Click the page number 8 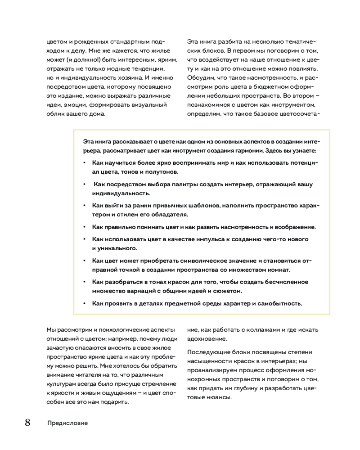pyautogui.click(x=27, y=423)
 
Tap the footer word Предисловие pyautogui.click(x=67, y=423)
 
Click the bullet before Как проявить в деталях pyautogui.click(x=84, y=303)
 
